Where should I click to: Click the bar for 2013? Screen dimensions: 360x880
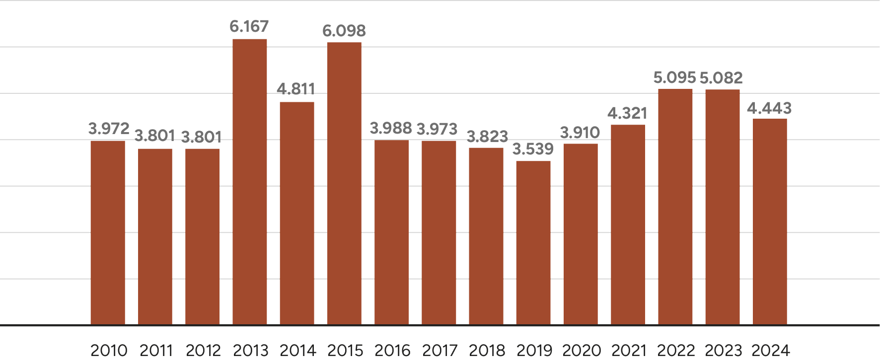249,182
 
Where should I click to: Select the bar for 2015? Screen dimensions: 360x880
344,184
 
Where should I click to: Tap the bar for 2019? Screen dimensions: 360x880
533,243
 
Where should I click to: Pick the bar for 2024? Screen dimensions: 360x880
770,221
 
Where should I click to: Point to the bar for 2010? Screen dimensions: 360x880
108,232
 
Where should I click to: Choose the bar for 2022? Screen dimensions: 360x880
675,207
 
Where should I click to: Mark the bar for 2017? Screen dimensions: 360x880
439,232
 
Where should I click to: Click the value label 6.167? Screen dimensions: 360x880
249,26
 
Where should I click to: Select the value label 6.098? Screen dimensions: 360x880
344,31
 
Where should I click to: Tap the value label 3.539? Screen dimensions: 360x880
533,149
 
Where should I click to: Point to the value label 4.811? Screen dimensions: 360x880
296,89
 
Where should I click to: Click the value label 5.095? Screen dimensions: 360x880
674,78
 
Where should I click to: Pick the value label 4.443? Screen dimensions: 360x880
769,108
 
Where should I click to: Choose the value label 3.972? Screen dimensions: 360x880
109,129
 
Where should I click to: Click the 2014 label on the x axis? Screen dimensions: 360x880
298,351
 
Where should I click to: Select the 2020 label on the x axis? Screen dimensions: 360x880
582,351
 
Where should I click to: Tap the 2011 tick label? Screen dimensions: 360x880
156,351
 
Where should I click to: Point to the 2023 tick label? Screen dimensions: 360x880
724,351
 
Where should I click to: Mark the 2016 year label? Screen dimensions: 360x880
392,351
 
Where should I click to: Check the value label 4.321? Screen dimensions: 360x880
627,114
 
